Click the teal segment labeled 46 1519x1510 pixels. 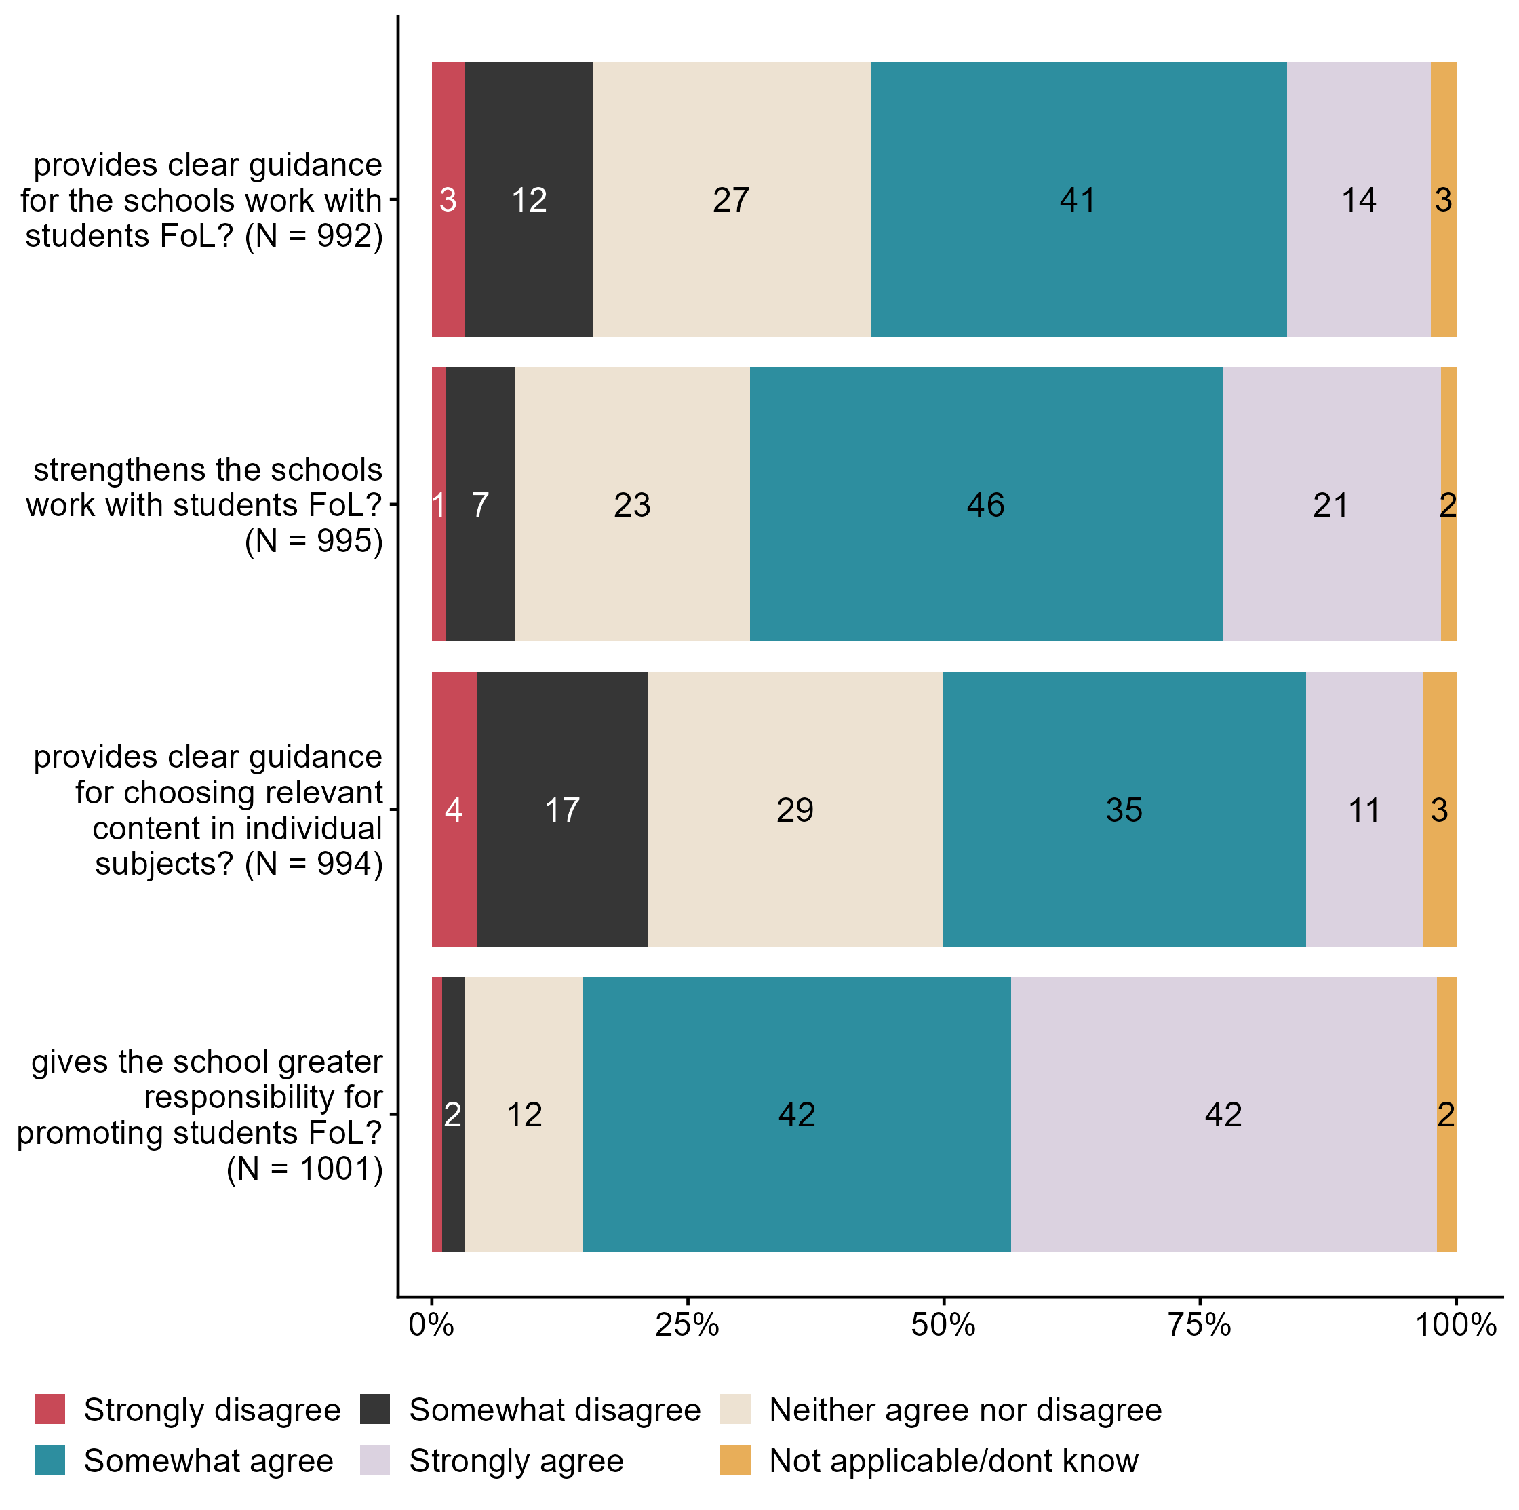[x=985, y=504]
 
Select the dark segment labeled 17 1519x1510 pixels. [x=562, y=809]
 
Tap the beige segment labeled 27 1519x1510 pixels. [x=731, y=199]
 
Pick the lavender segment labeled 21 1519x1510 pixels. [x=1331, y=504]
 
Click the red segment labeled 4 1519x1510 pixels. [x=454, y=809]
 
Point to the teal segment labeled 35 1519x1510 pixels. [x=1124, y=809]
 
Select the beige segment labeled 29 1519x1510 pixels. [x=795, y=809]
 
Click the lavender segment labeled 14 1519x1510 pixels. [x=1358, y=199]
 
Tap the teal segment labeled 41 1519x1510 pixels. [x=1078, y=199]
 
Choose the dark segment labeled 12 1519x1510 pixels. [x=528, y=199]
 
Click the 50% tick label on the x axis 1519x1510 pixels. [x=943, y=1324]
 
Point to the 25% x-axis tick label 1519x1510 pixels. [x=687, y=1324]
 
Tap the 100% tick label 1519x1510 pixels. [x=1455, y=1324]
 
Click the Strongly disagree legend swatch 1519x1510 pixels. [x=50, y=1410]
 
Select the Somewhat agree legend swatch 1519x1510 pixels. [x=50, y=1461]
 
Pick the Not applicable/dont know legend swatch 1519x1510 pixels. [x=735, y=1461]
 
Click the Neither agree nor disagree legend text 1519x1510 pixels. [x=965, y=1410]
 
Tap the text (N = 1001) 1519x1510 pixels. [x=305, y=1169]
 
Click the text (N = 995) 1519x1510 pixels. [x=314, y=541]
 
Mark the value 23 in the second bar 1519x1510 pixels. [x=632, y=504]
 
